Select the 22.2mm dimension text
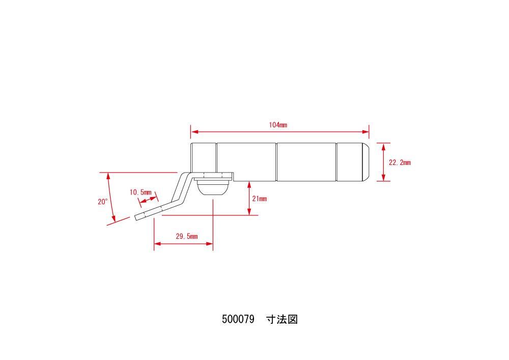click(400, 163)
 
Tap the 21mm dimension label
click(259, 199)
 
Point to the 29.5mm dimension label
click(186, 236)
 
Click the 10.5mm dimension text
click(140, 192)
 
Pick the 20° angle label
click(103, 202)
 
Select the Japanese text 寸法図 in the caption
click(281, 320)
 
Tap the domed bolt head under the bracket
click(212, 189)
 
